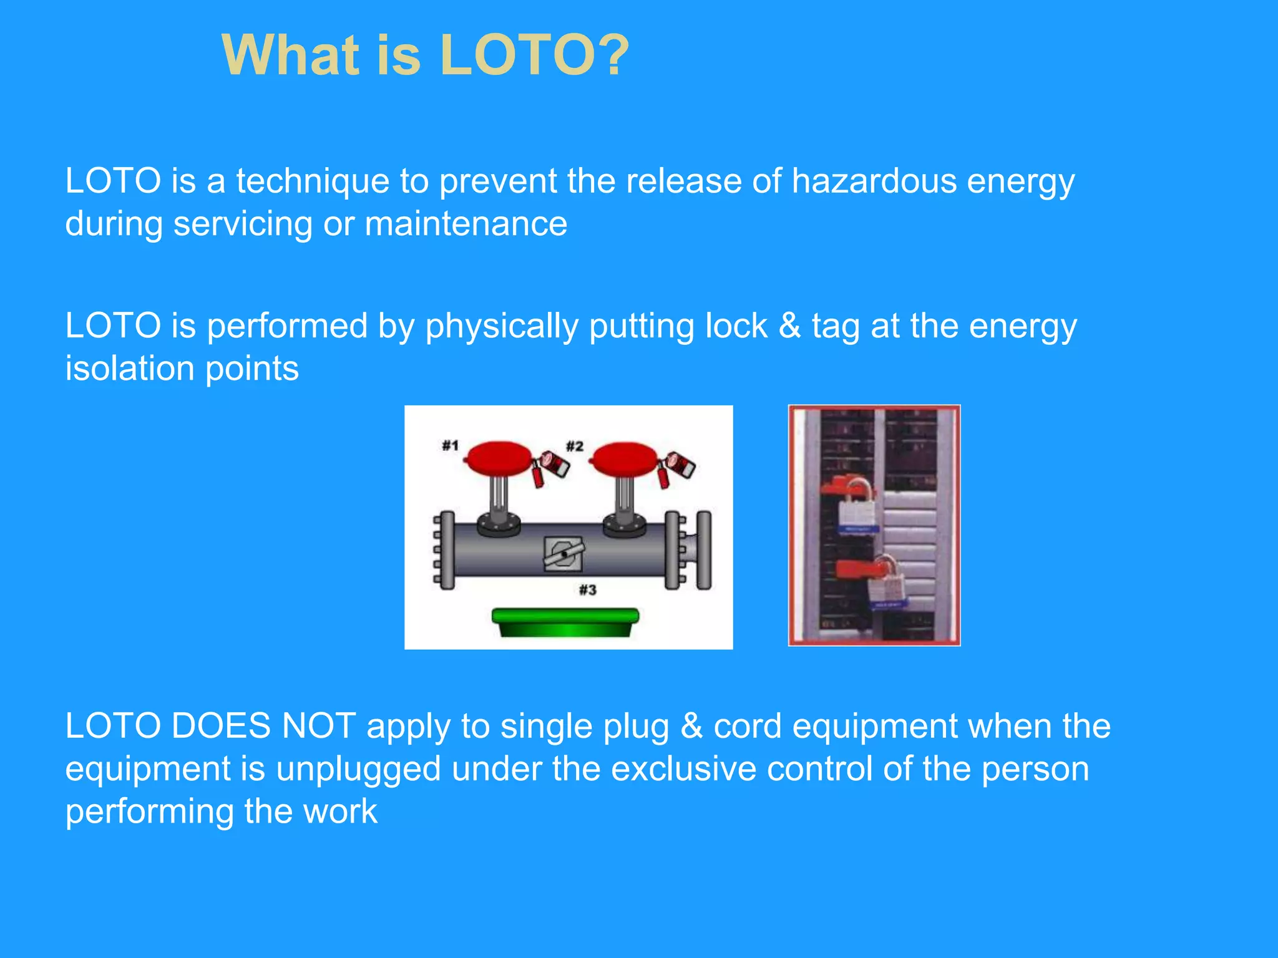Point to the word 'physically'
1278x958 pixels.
pyautogui.click(x=502, y=326)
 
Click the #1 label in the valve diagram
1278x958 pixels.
pyautogui.click(x=450, y=445)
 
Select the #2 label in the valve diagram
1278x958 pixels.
pyautogui.click(x=574, y=446)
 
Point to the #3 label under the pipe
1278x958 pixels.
pyautogui.click(x=587, y=589)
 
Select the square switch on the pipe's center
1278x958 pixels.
pyautogui.click(x=563, y=554)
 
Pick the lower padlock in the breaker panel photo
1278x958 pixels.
pyautogui.click(x=885, y=583)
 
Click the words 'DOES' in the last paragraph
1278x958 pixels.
pyautogui.click(x=221, y=726)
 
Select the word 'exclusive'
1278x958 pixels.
pyautogui.click(x=684, y=768)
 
